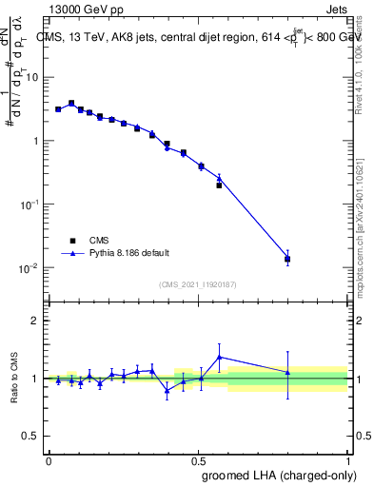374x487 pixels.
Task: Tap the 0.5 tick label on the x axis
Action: [x=198, y=459]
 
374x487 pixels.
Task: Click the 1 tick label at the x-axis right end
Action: [x=347, y=459]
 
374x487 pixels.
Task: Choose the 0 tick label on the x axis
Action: [x=49, y=459]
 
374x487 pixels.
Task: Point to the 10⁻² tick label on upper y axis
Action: [x=30, y=267]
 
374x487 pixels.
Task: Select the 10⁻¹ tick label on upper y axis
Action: [x=30, y=204]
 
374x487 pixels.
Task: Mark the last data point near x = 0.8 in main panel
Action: [x=287, y=259]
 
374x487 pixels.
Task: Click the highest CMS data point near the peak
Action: [x=71, y=103]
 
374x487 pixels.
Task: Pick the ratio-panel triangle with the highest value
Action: [x=219, y=358]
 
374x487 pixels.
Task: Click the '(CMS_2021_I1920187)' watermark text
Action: [x=198, y=284]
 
